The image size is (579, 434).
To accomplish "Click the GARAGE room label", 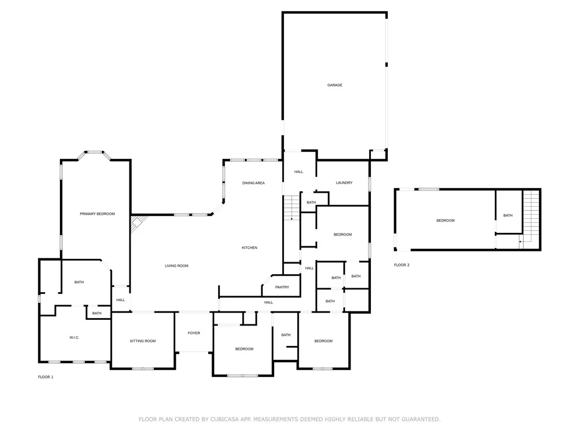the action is pos(335,85).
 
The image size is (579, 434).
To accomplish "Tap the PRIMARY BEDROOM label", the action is pos(97,214).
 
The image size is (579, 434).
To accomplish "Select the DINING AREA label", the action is pos(253,183).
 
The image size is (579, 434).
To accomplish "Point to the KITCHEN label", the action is pos(249,248).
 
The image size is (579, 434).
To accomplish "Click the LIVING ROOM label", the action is pos(176,266).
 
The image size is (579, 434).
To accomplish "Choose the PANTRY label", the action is pos(282,287).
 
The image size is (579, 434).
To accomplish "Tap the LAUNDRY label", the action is pos(344,183).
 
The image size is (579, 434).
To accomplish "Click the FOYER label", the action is pos(194,333).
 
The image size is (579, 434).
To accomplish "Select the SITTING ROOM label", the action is pos(142,341).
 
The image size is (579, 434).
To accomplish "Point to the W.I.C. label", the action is pos(74,337).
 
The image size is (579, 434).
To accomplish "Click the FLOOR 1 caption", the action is pos(46,377).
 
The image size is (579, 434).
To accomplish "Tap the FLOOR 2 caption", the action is pos(402,265).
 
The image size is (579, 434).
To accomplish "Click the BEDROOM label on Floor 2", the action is pos(446,220).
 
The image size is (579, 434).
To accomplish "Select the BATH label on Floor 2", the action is pos(508,215).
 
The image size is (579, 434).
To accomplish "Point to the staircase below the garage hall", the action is pos(291,208).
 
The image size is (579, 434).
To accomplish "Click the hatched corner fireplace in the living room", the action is pos(138,223).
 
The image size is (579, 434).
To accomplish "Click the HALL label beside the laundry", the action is pos(299,172).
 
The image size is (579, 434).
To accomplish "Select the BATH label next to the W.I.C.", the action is pos(97,313).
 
